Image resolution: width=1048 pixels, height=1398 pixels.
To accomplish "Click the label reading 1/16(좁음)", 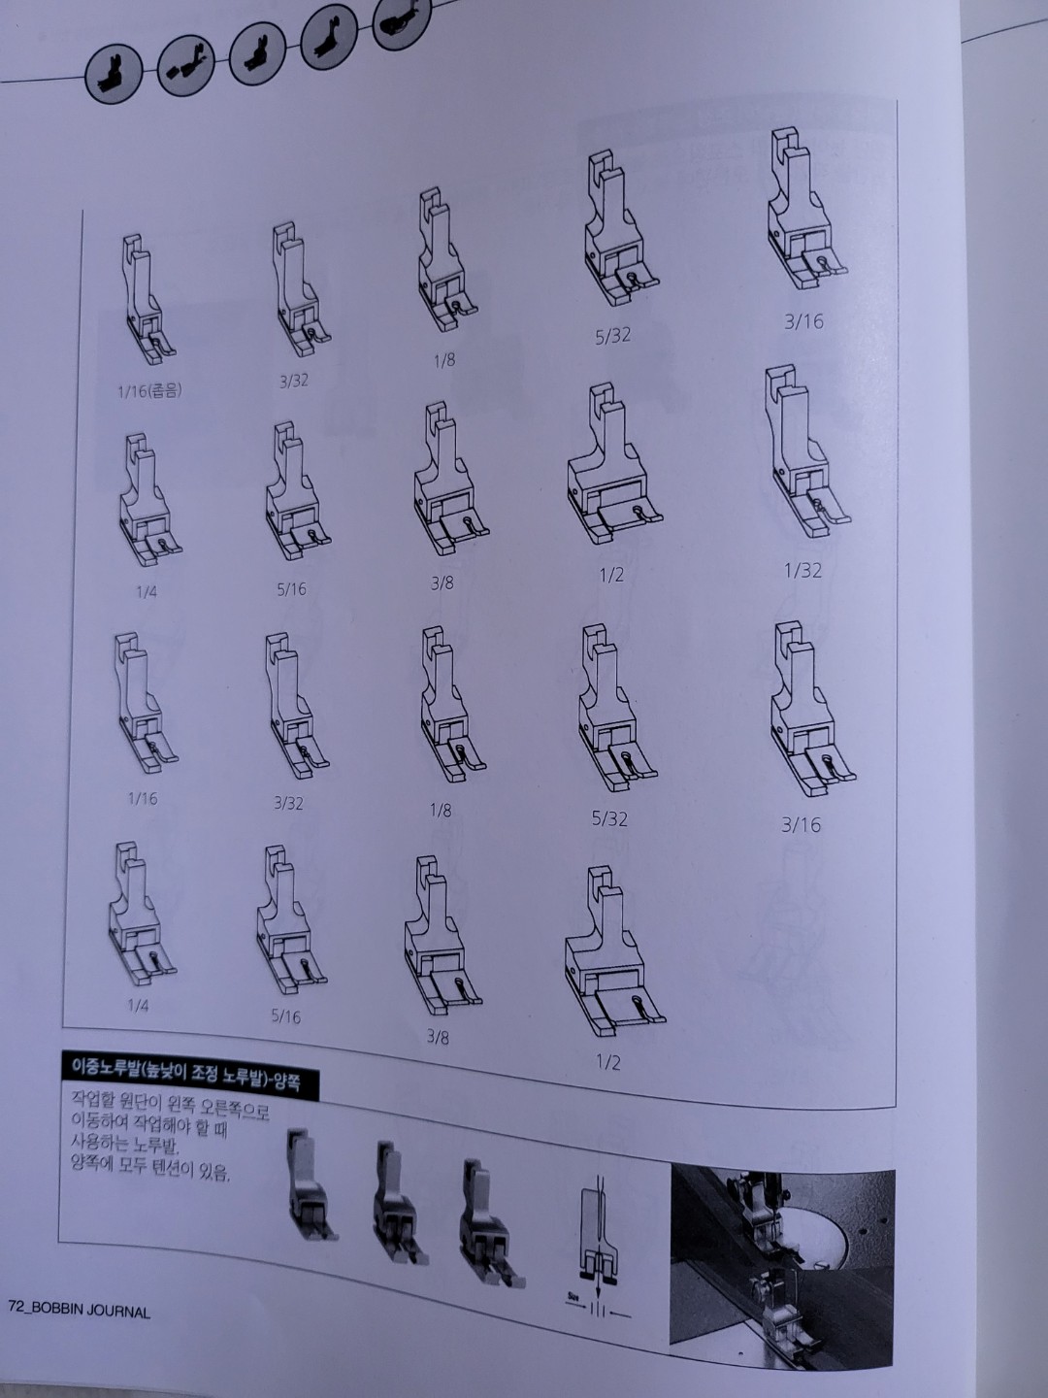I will coord(148,391).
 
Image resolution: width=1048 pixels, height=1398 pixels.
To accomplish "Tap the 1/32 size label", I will coord(802,571).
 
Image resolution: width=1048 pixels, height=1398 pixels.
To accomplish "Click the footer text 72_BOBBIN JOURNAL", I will coord(80,1310).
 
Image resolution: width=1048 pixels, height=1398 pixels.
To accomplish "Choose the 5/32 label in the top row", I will coord(612,336).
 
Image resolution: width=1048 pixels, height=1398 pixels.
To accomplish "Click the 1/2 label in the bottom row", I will coord(607,1061).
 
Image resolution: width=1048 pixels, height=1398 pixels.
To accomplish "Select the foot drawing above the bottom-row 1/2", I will coord(611,956).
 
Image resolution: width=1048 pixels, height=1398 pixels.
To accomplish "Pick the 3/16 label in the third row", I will coord(801,825).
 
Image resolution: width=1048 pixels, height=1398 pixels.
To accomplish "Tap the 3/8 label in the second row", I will coord(442,583).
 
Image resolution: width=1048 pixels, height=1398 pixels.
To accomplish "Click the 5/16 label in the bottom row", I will coord(286,1016).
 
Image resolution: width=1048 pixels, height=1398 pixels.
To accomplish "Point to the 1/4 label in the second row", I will coord(146,591).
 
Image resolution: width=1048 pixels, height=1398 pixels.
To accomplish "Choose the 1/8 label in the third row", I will coord(441,809).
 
